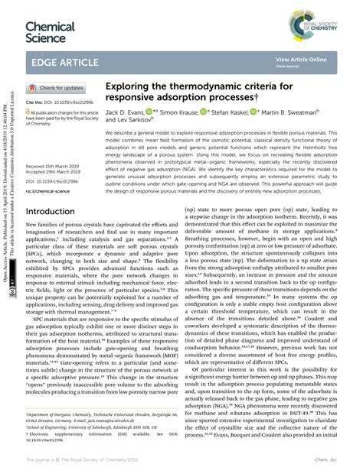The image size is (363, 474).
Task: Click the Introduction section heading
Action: pos(56,211)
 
